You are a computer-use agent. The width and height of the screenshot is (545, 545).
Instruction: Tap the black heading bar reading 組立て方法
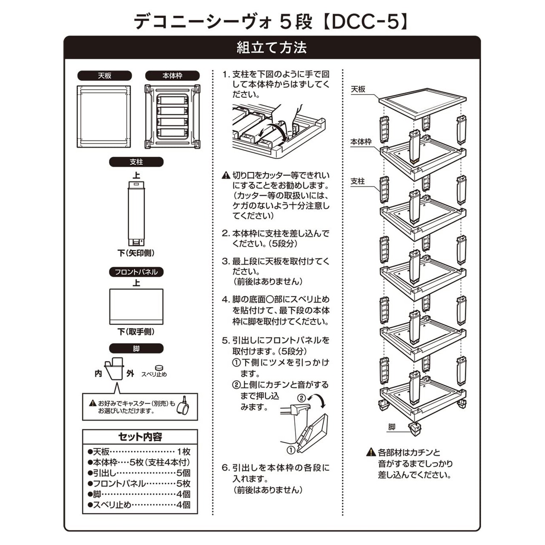(272, 48)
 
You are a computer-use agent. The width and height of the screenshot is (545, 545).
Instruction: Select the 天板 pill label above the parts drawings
(104, 76)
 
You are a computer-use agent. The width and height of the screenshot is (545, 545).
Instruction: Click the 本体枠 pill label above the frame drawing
(172, 76)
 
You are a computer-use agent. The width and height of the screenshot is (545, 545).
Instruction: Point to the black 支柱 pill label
(136, 162)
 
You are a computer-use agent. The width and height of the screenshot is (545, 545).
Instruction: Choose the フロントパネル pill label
(136, 272)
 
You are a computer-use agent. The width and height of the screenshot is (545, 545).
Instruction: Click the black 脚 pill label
(136, 348)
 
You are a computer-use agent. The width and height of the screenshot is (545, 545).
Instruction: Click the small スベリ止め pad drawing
(159, 367)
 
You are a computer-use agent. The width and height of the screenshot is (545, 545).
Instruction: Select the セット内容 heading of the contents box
(140, 437)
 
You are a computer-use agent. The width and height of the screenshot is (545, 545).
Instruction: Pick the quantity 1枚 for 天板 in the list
(184, 452)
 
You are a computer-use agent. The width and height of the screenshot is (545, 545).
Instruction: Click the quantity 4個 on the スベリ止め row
(183, 505)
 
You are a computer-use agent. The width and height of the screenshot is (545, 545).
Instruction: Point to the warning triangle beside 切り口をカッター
(226, 175)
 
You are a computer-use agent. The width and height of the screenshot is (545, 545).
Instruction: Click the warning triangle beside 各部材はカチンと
(371, 452)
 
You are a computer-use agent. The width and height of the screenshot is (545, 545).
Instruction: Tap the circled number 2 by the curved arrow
(301, 398)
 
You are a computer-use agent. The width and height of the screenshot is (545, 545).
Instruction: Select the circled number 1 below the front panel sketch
(291, 450)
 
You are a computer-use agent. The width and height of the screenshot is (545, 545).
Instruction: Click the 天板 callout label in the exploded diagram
(358, 89)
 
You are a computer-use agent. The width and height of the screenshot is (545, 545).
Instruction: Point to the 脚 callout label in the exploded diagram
(392, 427)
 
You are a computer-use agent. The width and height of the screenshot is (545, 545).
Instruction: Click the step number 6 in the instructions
(225, 468)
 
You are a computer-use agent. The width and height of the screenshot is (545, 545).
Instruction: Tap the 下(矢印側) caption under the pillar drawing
(136, 253)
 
